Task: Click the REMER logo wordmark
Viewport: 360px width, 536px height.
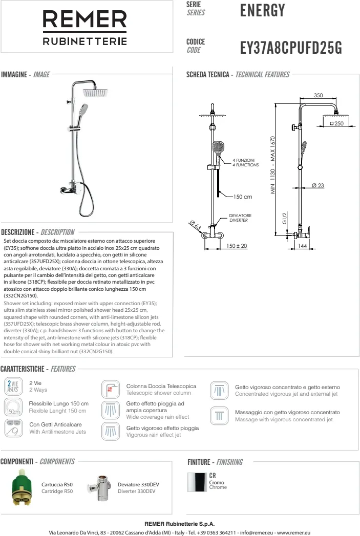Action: (x=84, y=21)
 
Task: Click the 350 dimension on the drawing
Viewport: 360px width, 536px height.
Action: (x=318, y=95)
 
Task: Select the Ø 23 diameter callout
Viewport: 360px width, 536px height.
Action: (x=317, y=185)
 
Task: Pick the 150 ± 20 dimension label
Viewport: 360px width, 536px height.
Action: (x=237, y=246)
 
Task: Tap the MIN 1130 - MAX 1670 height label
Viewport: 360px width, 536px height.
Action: (x=273, y=165)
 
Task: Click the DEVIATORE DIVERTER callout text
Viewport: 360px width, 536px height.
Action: (x=239, y=218)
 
